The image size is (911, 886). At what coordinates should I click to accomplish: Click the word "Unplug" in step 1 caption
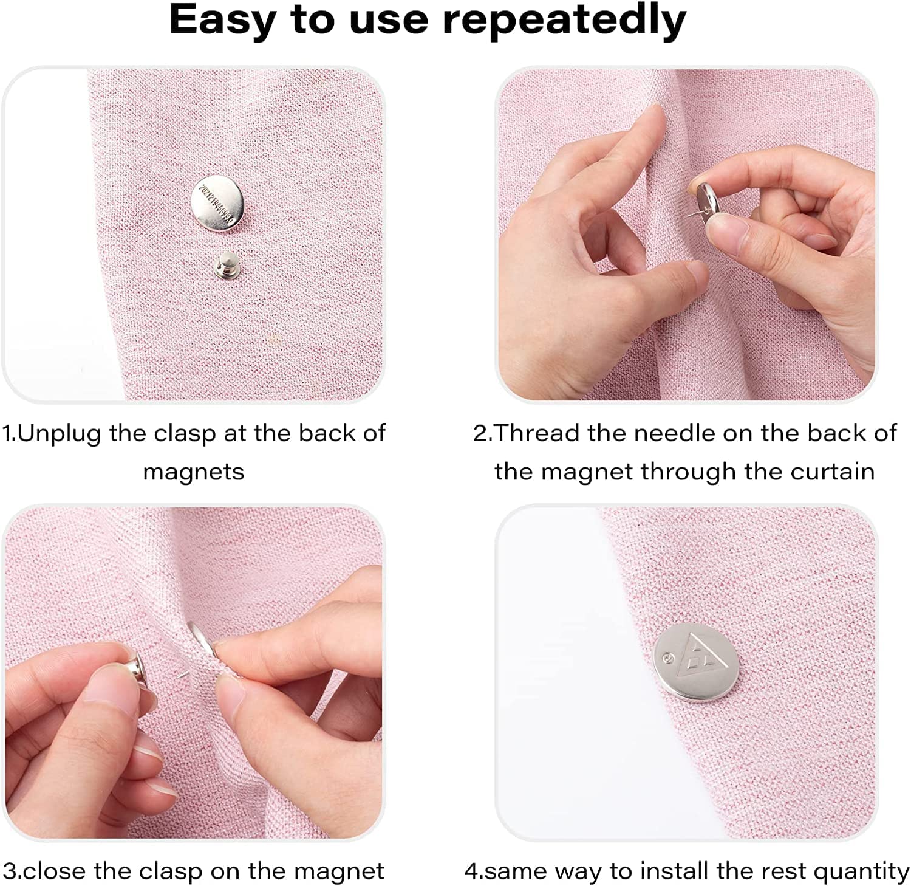click(x=59, y=433)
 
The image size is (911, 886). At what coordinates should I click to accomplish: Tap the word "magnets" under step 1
click(x=194, y=472)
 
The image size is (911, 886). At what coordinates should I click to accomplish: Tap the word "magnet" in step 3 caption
click(x=339, y=871)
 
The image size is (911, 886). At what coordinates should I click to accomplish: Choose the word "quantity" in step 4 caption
click(x=861, y=872)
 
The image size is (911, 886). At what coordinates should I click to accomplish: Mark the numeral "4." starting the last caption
click(x=474, y=871)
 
